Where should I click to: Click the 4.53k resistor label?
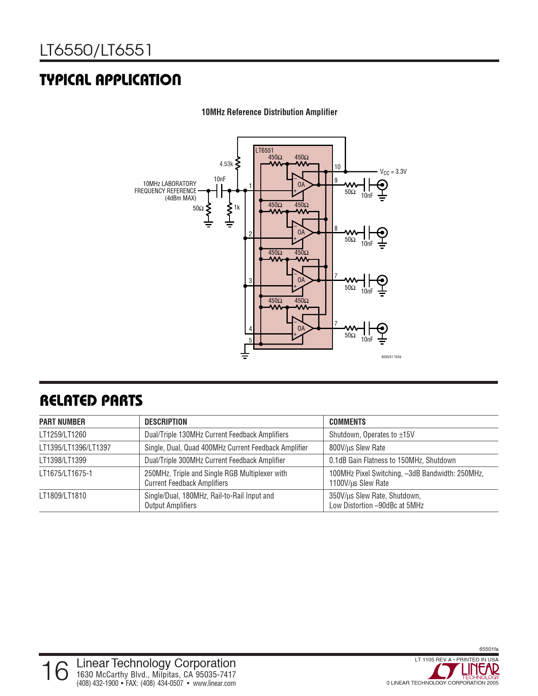tap(226, 164)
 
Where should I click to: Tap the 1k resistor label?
tap(237, 208)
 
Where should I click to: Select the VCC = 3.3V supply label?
tap(393, 172)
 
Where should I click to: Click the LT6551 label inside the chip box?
tap(264, 150)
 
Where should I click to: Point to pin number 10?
tap(338, 167)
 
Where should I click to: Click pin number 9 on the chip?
tap(336, 180)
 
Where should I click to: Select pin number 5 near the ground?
tap(251, 340)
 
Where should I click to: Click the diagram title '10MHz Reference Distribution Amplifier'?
tap(269, 112)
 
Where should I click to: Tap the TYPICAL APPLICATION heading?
tap(110, 80)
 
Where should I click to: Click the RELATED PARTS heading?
tap(91, 401)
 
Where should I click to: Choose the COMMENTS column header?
tap(347, 422)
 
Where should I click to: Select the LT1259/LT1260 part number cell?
tap(63, 434)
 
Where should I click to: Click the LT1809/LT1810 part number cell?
tap(63, 496)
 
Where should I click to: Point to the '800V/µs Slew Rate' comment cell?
tap(357, 448)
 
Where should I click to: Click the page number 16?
tap(55, 672)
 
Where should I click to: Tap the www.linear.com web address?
tap(214, 683)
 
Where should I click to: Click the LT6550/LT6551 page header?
tap(96, 50)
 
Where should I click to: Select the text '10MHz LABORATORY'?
tap(170, 184)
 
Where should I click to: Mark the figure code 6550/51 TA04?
tap(391, 357)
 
